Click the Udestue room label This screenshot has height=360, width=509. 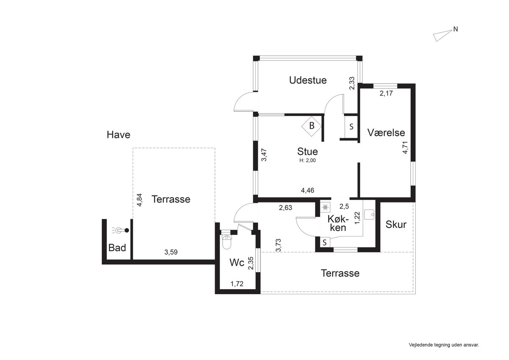(x=308, y=80)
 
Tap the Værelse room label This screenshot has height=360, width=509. (x=386, y=133)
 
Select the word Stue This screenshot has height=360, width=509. (x=308, y=152)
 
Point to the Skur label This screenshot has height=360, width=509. (x=396, y=225)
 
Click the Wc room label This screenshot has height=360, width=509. (x=237, y=263)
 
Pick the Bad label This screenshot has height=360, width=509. (x=117, y=248)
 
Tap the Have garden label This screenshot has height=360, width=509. (x=118, y=135)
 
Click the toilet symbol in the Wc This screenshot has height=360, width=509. (x=227, y=242)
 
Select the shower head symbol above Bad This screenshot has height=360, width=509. (x=120, y=231)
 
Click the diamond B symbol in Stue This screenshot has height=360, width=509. (x=311, y=126)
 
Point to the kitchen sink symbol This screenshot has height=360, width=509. (x=369, y=214)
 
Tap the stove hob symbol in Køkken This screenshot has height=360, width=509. (x=325, y=208)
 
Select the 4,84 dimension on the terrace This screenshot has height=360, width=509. (x=140, y=200)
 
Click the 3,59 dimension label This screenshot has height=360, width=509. (x=171, y=252)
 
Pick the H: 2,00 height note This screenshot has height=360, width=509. (x=308, y=160)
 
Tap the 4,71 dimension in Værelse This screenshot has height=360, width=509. (x=405, y=148)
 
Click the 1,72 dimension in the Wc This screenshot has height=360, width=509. (x=237, y=284)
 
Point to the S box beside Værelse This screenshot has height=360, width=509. (x=351, y=127)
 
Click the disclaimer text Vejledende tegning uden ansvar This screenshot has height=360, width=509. (x=444, y=345)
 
